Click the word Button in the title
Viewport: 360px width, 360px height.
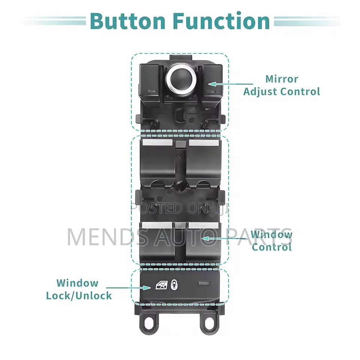coord(127,21)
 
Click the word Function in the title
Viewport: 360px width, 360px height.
coord(221,21)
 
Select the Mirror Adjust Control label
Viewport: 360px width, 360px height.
coord(282,85)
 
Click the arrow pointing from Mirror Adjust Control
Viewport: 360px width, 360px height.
coord(231,84)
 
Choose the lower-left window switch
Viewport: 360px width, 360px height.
coord(157,240)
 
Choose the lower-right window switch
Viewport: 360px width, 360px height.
coord(204,240)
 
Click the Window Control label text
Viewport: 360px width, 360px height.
coord(271,241)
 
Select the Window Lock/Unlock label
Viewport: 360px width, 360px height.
coord(79,289)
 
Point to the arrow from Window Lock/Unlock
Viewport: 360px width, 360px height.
coord(128,288)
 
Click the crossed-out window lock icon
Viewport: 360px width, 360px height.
coord(162,285)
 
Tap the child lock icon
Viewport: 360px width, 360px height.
coord(174,285)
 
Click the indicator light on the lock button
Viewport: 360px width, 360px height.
coord(204,283)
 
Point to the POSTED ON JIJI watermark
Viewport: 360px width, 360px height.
coord(180,208)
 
